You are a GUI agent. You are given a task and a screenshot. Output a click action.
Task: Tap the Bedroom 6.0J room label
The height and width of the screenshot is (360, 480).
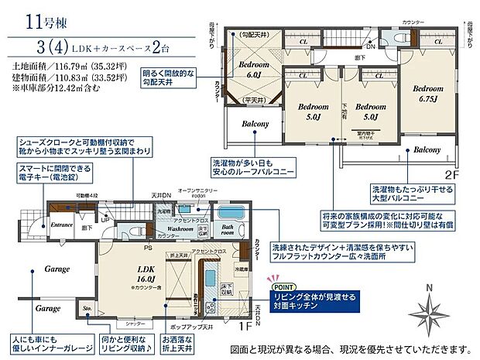(253, 70)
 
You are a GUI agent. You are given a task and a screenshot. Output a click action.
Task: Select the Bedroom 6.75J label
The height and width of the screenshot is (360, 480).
(426, 94)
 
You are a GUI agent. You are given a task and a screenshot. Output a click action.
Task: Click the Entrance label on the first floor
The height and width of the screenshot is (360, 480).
(61, 225)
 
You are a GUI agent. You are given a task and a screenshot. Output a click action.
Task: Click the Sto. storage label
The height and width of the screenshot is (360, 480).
(86, 309)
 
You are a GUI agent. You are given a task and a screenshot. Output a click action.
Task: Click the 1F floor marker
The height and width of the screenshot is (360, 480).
(245, 327)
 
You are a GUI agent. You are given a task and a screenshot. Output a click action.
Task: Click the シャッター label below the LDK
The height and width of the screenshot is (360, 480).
(136, 323)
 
